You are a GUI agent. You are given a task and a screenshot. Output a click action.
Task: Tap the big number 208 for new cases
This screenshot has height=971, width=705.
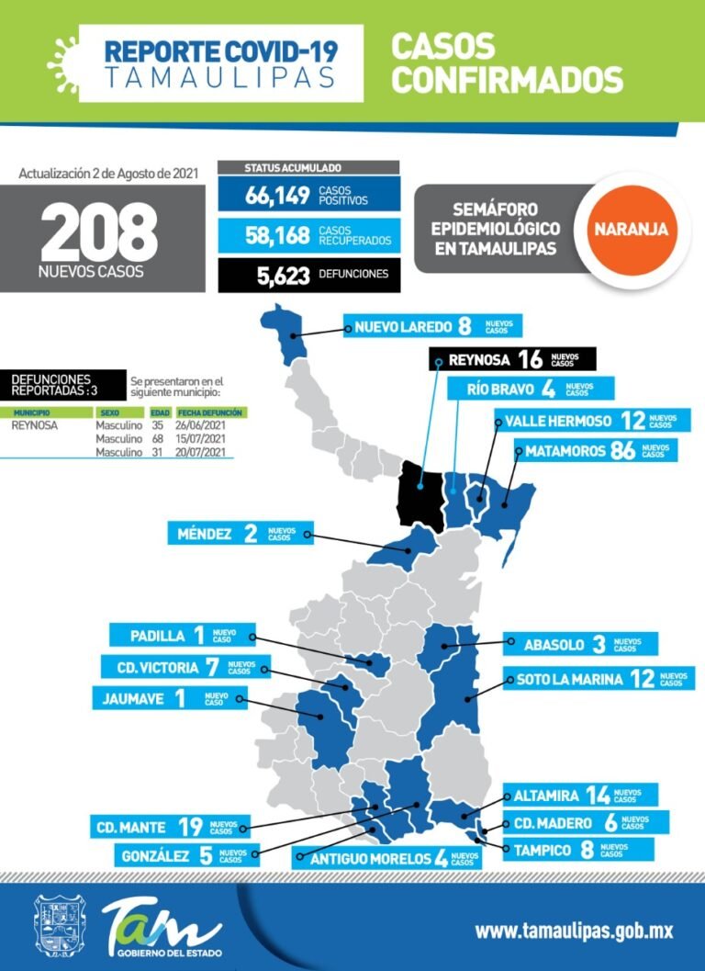pyautogui.click(x=98, y=232)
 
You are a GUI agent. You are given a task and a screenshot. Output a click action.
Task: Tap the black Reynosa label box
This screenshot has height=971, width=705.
pyautogui.click(x=513, y=359)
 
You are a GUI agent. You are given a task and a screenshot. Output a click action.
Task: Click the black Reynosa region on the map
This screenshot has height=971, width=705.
pyautogui.click(x=419, y=491)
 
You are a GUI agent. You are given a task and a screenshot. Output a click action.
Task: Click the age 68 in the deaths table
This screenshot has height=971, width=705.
pyautogui.click(x=157, y=439)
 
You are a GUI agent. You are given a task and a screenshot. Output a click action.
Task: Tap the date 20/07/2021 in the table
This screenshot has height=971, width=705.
pyautogui.click(x=199, y=452)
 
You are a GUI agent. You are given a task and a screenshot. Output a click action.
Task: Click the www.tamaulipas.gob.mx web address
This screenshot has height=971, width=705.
pyautogui.click(x=574, y=931)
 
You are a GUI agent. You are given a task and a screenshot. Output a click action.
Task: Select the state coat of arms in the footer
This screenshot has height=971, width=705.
pyautogui.click(x=58, y=929)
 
